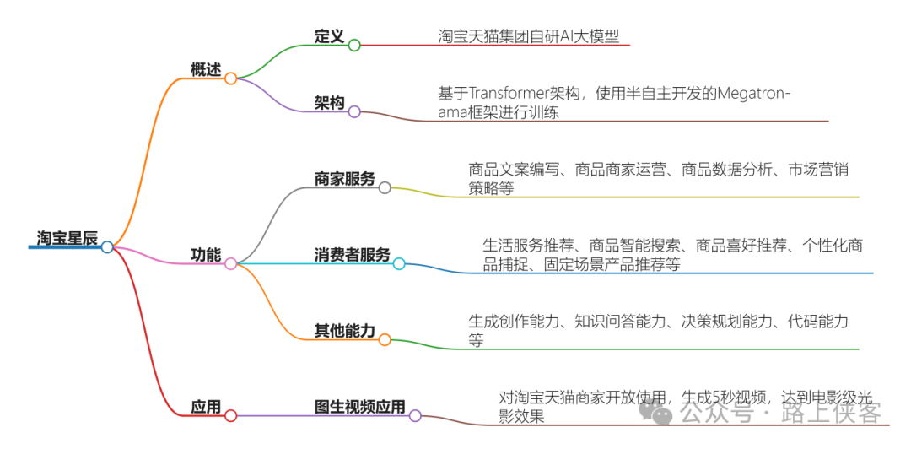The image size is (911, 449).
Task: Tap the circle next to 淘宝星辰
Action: click(x=107, y=247)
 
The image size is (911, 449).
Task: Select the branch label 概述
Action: click(x=206, y=69)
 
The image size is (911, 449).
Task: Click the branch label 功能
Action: click(x=206, y=254)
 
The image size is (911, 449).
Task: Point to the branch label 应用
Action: click(x=206, y=408)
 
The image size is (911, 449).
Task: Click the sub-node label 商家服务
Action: click(x=344, y=179)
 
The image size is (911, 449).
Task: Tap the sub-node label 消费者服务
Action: click(x=352, y=255)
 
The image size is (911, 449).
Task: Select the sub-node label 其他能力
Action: click(x=344, y=331)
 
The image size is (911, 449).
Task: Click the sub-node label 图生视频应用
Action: click(x=359, y=408)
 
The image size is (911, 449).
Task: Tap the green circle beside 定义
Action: click(x=354, y=45)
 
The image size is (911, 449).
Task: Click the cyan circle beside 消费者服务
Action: click(x=399, y=264)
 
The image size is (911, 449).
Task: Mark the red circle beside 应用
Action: click(x=230, y=416)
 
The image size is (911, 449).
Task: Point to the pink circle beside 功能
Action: click(x=230, y=264)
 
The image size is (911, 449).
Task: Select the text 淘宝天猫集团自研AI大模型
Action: click(x=528, y=36)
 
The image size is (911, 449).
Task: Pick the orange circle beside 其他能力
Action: click(x=385, y=340)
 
